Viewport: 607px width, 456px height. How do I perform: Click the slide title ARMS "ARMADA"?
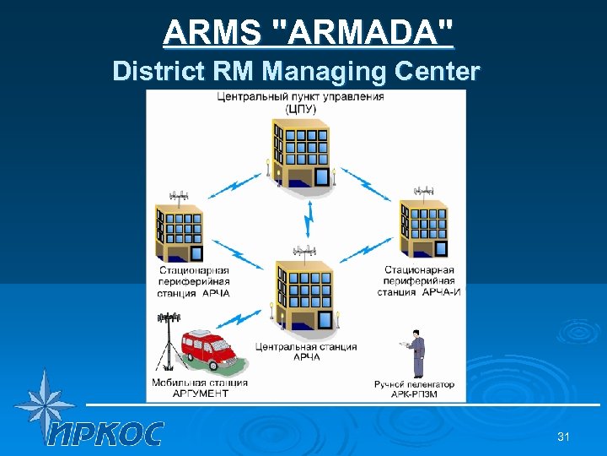point(308,34)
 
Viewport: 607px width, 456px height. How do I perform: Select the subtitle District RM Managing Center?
point(296,71)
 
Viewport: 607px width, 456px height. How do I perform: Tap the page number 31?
point(564,437)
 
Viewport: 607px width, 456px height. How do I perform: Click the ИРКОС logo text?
point(105,433)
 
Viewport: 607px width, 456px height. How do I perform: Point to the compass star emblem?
point(42,404)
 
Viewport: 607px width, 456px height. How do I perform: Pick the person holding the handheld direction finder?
point(416,353)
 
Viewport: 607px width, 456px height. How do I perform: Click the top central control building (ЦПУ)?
point(300,153)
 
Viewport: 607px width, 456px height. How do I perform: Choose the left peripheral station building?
point(179,232)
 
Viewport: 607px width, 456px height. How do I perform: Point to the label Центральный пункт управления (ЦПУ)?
point(300,102)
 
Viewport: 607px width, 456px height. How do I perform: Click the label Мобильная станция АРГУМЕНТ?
point(200,388)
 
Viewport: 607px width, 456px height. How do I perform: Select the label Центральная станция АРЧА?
point(306,351)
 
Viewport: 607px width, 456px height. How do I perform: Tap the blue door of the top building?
point(322,176)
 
